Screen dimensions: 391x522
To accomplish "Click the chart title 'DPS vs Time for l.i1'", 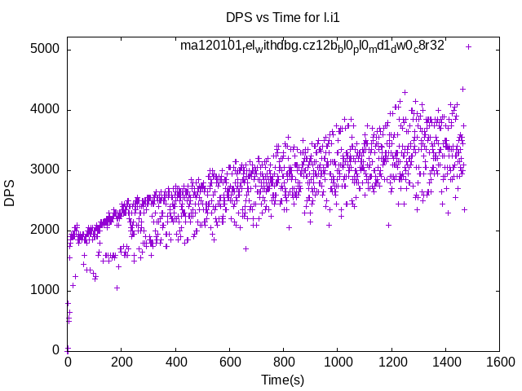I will pos(283,17).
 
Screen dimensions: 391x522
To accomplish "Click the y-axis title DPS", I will pos(11,192).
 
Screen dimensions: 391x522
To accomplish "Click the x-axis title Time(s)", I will pos(283,380).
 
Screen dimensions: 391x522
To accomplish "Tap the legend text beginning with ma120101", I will pos(312,46).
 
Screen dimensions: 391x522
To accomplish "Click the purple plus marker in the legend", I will pos(468,46).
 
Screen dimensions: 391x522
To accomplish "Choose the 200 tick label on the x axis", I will pos(122,362).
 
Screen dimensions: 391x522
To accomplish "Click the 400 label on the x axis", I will pos(175,362).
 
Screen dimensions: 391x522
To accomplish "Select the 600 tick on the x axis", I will pos(229,362).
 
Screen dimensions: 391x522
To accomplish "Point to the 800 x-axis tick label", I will pos(283,362).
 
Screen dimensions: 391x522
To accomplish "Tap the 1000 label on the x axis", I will pos(337,362).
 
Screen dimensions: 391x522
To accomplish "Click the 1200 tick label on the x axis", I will pos(391,362).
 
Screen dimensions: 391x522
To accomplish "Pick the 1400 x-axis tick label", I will pos(445,362).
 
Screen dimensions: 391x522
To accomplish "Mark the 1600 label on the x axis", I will pos(499,362).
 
